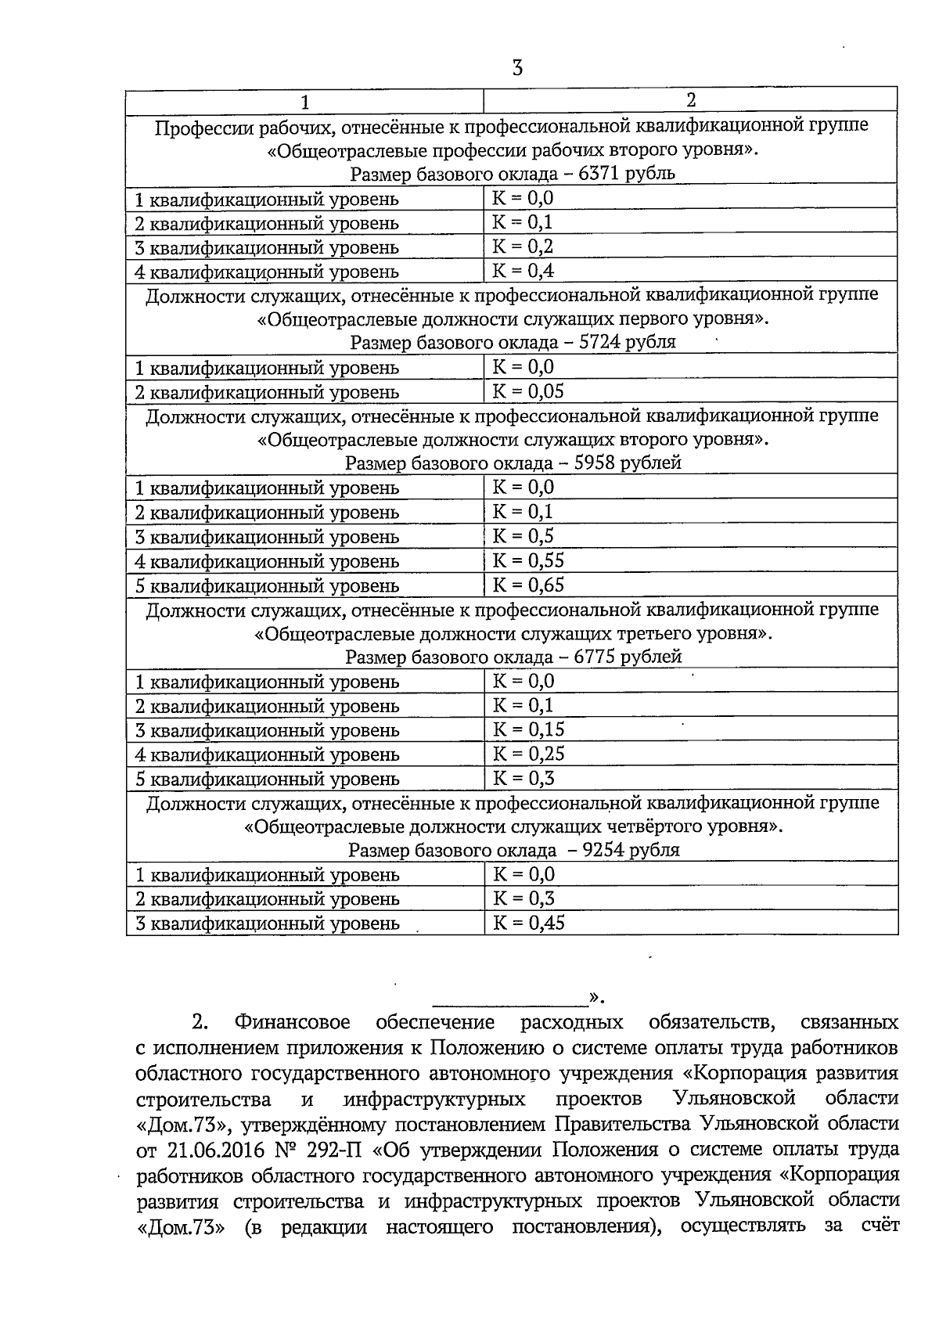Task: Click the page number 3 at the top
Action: pos(517,68)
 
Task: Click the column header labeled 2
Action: pos(690,99)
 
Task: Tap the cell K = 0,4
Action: pos(523,271)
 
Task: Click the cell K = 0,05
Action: pos(527,391)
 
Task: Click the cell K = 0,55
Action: pos(527,560)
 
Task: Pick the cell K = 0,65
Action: pos(527,585)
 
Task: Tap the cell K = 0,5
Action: pos(523,536)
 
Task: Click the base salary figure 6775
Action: pos(595,657)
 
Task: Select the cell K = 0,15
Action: pos(527,729)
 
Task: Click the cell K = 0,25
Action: pos(527,754)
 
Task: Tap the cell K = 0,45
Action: pos(527,923)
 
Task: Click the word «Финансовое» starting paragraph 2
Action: pos(291,1022)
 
